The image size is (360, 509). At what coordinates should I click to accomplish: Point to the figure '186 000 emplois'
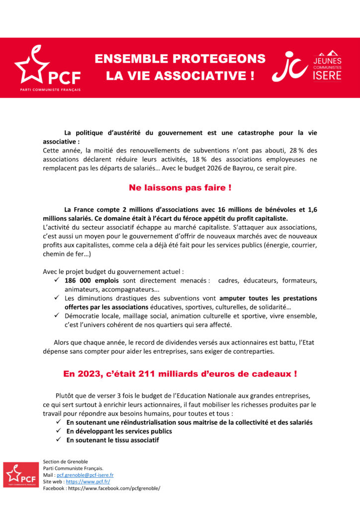click(x=90, y=280)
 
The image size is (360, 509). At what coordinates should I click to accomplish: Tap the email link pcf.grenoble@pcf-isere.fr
click(x=85, y=475)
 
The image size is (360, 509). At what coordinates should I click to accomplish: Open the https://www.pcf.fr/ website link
click(x=88, y=482)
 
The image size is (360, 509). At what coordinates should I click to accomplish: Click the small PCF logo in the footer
click(x=21, y=475)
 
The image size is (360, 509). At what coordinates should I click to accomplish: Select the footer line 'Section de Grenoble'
click(x=66, y=461)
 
